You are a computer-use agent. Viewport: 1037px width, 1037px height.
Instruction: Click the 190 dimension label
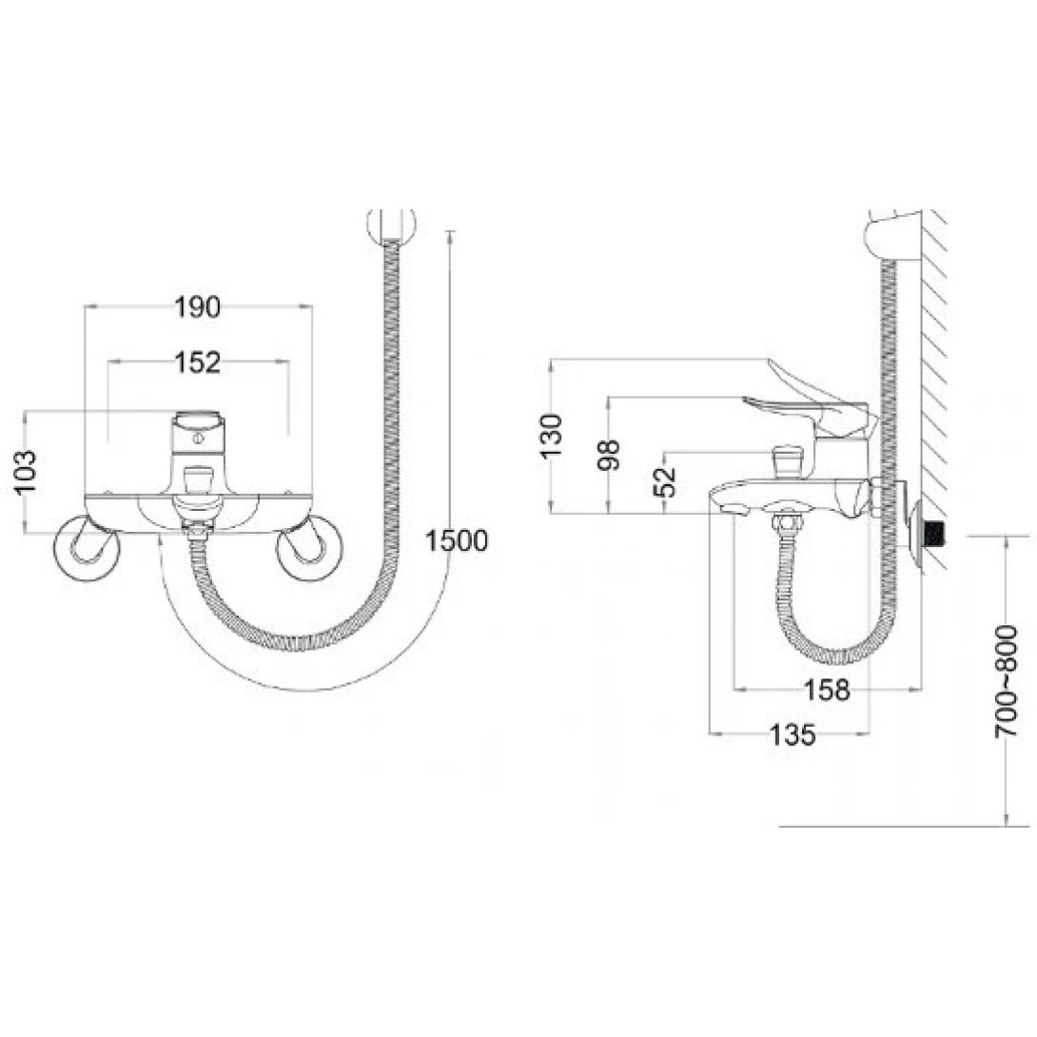[197, 307]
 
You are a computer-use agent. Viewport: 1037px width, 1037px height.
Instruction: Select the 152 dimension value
[197, 362]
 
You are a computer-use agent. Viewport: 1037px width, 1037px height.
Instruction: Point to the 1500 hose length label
[457, 540]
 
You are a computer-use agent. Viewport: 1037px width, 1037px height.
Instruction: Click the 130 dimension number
[550, 435]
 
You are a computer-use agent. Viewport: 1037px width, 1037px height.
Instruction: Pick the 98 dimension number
[609, 455]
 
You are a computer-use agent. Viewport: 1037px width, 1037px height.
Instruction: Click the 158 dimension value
[826, 691]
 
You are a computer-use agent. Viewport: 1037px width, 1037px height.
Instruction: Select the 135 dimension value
[792, 734]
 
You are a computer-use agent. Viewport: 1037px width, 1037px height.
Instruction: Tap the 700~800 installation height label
[1006, 681]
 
